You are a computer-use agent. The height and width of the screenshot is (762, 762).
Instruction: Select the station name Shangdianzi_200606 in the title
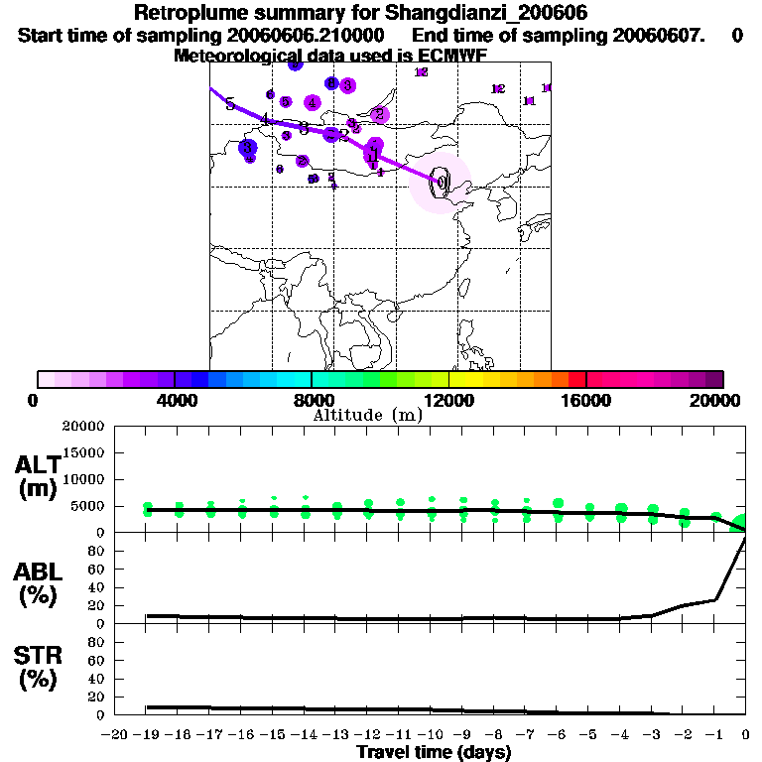[495, 13]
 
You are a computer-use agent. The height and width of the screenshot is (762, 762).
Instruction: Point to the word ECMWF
[451, 56]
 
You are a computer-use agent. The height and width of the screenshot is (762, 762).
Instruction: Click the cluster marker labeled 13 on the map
[422, 72]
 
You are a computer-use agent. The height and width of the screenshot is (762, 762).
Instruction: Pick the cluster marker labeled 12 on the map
[498, 89]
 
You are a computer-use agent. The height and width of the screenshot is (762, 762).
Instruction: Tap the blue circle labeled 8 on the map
[247, 147]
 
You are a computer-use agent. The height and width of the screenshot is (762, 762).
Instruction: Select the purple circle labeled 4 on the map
[313, 102]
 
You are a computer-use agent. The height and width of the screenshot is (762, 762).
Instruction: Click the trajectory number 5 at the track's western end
[229, 104]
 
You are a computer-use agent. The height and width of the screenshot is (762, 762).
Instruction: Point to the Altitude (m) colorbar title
[367, 415]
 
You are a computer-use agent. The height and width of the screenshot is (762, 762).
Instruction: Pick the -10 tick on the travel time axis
[432, 735]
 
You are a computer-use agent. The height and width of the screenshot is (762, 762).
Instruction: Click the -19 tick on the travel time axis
[148, 735]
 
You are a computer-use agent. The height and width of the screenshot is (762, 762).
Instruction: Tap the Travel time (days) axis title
[434, 753]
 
